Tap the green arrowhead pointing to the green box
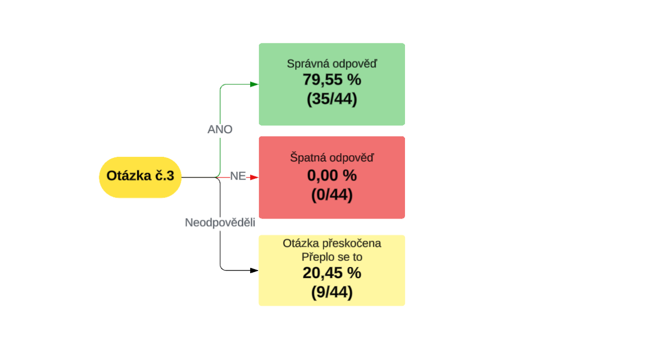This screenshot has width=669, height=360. click(254, 84)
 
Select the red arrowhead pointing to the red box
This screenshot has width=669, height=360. click(254, 177)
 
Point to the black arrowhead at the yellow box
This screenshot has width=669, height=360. click(254, 270)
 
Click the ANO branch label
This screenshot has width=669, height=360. click(220, 130)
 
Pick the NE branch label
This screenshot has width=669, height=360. click(238, 176)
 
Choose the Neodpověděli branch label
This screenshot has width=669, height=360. click(220, 223)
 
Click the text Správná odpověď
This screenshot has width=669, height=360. click(332, 64)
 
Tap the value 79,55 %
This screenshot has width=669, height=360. click(332, 80)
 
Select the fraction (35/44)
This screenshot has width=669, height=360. click(332, 99)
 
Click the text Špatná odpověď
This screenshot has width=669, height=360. click(332, 158)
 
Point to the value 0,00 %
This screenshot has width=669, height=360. click(332, 176)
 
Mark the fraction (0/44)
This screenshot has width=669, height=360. click(332, 195)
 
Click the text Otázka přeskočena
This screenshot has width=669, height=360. click(332, 243)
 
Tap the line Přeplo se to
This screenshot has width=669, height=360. click(332, 257)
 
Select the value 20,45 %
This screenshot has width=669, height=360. click(332, 274)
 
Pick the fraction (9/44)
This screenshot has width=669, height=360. click(332, 293)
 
